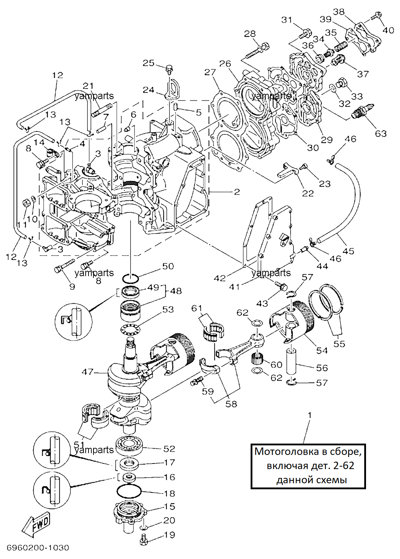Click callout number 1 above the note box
click(310, 415)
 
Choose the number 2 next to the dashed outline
click(236, 192)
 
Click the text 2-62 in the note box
click(343, 466)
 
